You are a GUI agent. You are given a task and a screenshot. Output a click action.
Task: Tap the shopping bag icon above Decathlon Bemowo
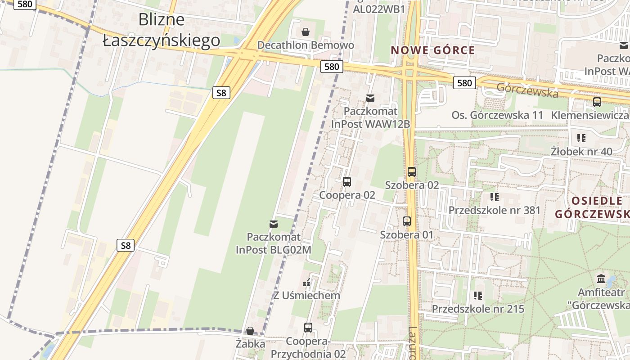[x=306, y=31]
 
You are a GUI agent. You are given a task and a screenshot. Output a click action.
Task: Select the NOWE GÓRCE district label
[x=433, y=50]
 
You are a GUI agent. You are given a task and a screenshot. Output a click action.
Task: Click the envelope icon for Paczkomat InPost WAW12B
[x=370, y=98]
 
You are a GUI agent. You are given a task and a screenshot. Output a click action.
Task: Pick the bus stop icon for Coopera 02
[x=346, y=182]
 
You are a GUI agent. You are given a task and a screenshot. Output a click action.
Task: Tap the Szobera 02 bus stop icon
[x=411, y=171]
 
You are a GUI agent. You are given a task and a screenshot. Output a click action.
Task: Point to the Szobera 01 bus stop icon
[x=406, y=221]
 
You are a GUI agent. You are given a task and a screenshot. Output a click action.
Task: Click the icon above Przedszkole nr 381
[x=495, y=197]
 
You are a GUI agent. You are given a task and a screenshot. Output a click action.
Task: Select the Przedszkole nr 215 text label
[x=478, y=309]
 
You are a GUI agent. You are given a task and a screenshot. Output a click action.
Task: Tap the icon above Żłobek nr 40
[x=581, y=138]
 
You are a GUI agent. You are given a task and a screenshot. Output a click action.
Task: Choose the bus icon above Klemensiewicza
[x=597, y=102]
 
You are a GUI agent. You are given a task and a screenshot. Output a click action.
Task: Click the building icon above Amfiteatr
[x=601, y=279]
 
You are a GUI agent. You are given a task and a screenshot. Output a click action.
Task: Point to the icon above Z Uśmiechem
[x=306, y=283]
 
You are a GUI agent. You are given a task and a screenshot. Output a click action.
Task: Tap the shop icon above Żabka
[x=250, y=331]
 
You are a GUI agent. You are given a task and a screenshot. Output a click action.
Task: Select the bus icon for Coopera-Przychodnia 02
[x=308, y=328]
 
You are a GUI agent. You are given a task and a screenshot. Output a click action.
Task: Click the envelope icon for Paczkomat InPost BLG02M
[x=273, y=224]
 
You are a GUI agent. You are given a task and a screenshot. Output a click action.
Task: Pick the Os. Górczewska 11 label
[x=497, y=115]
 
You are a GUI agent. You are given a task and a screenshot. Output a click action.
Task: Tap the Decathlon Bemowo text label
[x=306, y=45]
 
